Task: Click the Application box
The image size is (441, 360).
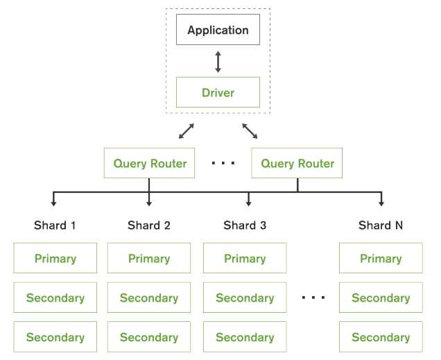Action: point(218,31)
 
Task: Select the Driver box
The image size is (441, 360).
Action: point(218,92)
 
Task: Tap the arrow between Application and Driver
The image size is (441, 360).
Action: point(218,61)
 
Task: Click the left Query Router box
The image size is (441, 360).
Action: point(150,164)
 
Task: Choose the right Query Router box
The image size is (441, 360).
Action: point(297,164)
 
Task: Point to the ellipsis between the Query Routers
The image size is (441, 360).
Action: point(223,164)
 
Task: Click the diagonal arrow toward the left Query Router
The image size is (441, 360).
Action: point(185,130)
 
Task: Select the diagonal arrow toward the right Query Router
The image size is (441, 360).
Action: point(250,130)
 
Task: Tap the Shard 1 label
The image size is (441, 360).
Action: point(55,225)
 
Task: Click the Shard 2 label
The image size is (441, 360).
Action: point(149,225)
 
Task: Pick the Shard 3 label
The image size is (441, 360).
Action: point(245,225)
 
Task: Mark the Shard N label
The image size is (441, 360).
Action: point(381,225)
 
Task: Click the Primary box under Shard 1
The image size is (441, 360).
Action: point(55,259)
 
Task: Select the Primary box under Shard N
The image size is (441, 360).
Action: point(381,259)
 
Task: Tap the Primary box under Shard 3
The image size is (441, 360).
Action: point(245,259)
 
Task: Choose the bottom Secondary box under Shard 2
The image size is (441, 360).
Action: point(149,338)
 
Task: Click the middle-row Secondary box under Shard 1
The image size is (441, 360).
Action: point(55,298)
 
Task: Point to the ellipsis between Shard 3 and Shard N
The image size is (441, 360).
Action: point(313,298)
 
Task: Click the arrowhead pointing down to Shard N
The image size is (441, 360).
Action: point(381,203)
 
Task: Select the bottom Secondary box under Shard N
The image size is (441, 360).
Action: point(381,338)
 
